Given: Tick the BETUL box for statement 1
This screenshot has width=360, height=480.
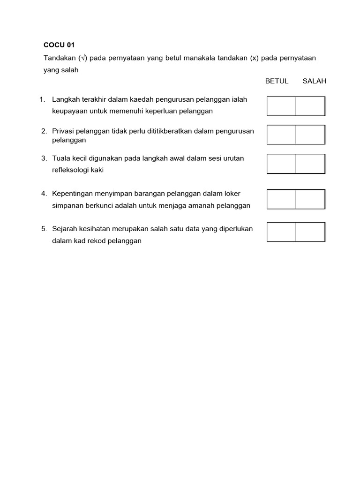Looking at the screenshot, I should (x=281, y=106).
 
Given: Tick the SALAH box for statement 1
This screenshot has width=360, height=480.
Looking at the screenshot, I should (x=310, y=106).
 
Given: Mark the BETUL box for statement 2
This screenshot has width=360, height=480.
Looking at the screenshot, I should (x=281, y=135).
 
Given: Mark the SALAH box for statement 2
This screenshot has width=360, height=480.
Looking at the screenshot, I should (x=310, y=135).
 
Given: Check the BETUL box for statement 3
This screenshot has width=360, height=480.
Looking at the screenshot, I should (x=281, y=164).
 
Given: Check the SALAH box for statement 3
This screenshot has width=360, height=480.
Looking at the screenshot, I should (x=310, y=164).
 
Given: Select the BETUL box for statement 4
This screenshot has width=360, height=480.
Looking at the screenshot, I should (x=281, y=199).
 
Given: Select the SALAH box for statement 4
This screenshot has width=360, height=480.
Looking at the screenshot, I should (x=310, y=199).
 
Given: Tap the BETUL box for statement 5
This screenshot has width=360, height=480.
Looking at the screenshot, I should (x=281, y=232).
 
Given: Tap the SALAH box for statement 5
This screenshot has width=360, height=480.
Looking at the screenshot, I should (x=310, y=232).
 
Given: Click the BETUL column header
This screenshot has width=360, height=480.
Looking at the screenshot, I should (x=277, y=81).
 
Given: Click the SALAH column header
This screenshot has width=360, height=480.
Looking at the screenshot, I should (x=314, y=81).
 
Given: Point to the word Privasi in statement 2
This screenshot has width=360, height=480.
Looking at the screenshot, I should (x=63, y=131).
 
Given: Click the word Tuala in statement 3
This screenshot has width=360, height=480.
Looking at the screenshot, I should (x=61, y=158).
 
